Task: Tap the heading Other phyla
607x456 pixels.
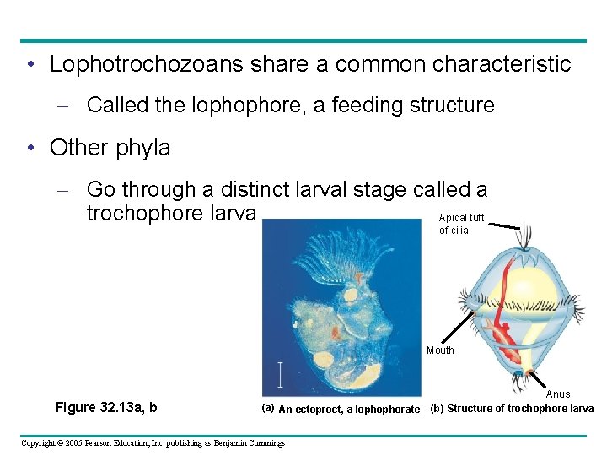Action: [x=110, y=148]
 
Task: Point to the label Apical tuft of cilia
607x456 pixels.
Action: [x=460, y=224]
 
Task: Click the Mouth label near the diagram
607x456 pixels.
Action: [x=440, y=350]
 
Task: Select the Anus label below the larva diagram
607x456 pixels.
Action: [x=558, y=394]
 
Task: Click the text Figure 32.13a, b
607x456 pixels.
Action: [x=106, y=408]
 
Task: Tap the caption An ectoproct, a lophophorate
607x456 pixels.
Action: [x=348, y=410]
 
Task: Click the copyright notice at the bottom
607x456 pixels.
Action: [x=153, y=442]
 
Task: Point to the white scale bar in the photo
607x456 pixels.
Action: [x=281, y=373]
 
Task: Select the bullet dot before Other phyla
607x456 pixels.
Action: [x=30, y=149]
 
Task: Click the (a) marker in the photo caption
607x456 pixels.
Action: [x=267, y=408]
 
